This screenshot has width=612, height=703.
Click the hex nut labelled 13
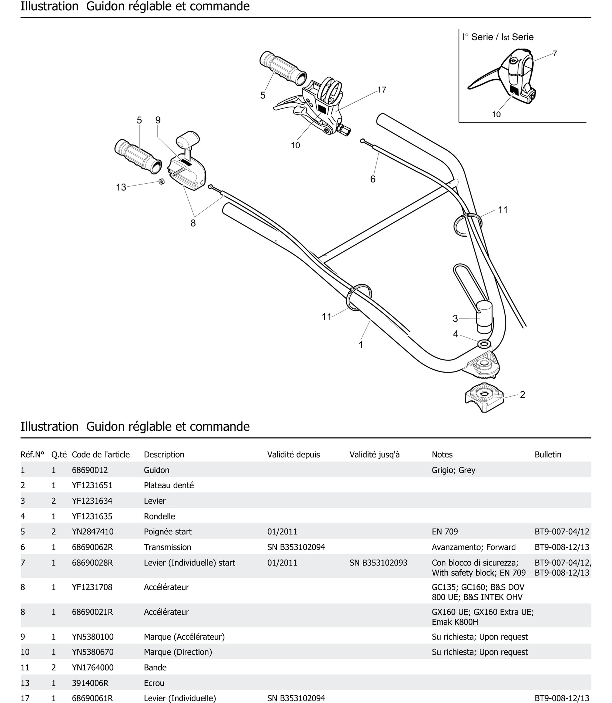click(x=162, y=181)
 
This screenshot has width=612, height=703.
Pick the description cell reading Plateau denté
click(x=169, y=485)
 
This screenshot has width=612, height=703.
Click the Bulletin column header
click(x=548, y=455)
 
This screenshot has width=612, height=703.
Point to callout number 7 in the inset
click(x=555, y=54)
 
